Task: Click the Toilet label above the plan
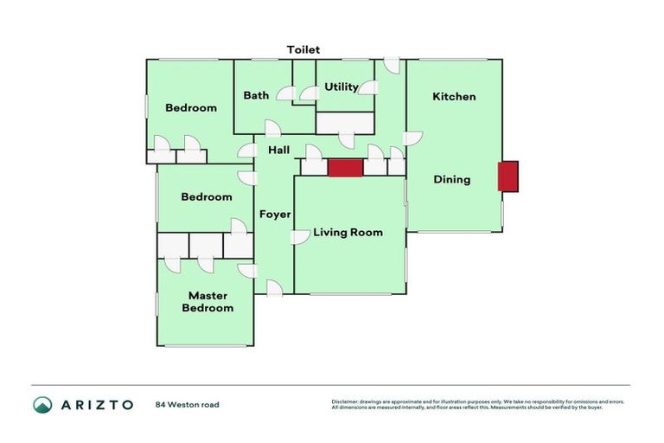(303, 50)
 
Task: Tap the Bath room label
(256, 95)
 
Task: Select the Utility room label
(342, 87)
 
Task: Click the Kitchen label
(454, 96)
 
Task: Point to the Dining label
(451, 180)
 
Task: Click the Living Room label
(348, 232)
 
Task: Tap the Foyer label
(276, 214)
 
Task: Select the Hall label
(278, 151)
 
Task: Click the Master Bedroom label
(207, 302)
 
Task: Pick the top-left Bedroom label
(191, 107)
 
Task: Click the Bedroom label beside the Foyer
(207, 196)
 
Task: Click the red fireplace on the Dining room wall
(508, 177)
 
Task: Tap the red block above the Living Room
(344, 168)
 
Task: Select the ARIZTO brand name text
(96, 405)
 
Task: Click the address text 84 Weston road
(188, 405)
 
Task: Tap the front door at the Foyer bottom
(274, 289)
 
